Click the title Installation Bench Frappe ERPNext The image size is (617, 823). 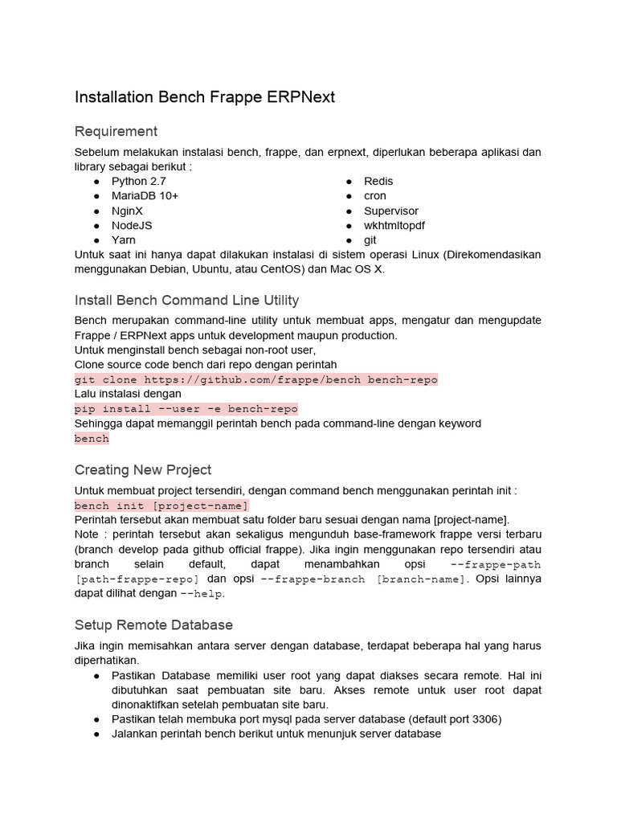(x=204, y=97)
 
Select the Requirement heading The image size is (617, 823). (x=116, y=131)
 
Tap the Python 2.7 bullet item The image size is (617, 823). (x=138, y=182)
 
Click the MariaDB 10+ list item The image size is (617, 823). (x=145, y=196)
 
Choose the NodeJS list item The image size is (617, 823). (x=132, y=225)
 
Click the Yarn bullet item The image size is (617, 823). (x=124, y=240)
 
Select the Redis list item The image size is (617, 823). (x=378, y=182)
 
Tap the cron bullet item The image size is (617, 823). (x=374, y=196)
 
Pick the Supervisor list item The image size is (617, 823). (x=391, y=211)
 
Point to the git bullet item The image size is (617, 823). (x=370, y=240)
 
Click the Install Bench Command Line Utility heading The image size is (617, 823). (x=186, y=301)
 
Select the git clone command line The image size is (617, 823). (x=255, y=379)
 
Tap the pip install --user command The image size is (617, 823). (x=186, y=409)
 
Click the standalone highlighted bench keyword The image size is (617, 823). (x=92, y=439)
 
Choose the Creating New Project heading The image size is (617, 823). (x=143, y=469)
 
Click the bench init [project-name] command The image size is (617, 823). (x=161, y=506)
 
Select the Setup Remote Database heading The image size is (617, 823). (x=153, y=624)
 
